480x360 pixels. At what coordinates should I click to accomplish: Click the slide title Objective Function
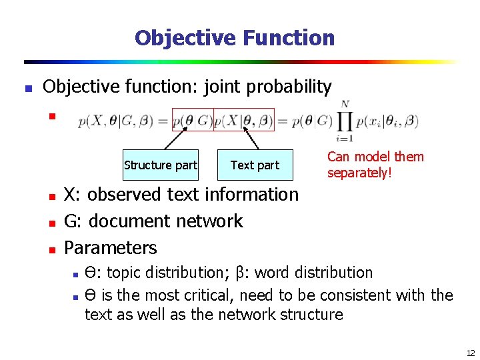[234, 38]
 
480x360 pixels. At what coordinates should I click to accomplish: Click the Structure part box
[160, 165]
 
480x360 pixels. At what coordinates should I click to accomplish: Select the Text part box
[255, 165]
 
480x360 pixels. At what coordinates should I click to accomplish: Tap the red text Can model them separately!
[375, 165]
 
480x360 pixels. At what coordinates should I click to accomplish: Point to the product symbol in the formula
[345, 122]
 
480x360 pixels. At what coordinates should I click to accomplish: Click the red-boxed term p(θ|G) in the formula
[192, 121]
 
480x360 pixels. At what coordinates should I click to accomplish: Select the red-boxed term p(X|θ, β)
[243, 121]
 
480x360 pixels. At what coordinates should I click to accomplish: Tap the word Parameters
[110, 248]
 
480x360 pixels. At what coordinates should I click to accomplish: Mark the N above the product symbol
[345, 104]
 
